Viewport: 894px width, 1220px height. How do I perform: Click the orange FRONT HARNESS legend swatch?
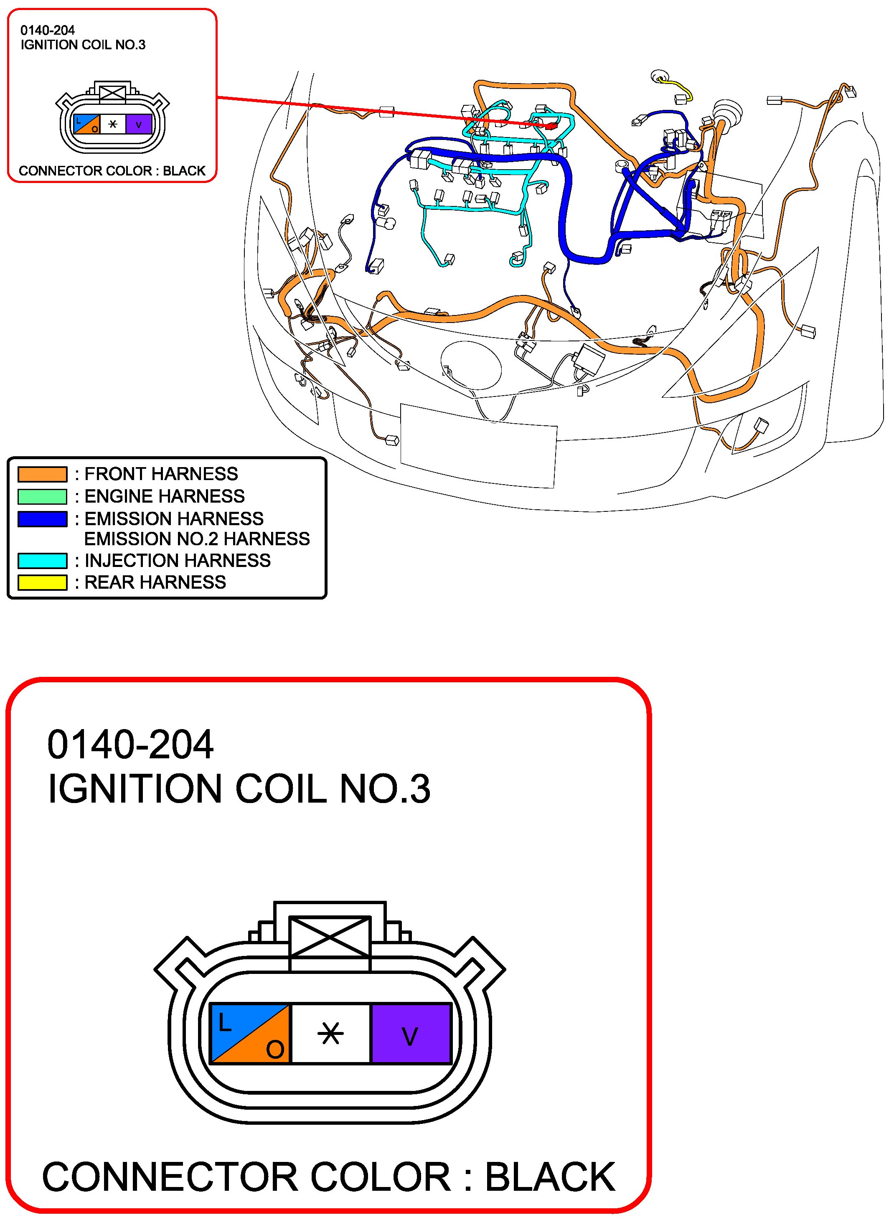[42, 474]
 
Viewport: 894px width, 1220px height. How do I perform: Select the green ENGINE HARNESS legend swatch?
[42, 496]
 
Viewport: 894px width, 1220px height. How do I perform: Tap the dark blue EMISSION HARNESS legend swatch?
[42, 519]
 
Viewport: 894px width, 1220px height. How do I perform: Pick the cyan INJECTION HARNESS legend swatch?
[42, 560]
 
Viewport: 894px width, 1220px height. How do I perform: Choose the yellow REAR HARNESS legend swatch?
[42, 582]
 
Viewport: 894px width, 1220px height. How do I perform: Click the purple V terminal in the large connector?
[411, 1034]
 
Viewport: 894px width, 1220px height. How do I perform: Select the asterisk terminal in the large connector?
[330, 1034]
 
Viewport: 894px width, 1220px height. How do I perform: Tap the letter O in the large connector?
[275, 1050]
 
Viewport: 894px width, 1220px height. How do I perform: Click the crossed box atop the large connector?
[330, 936]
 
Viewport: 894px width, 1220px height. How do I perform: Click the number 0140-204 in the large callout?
[130, 745]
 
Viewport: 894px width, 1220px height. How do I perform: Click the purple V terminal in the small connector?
[139, 125]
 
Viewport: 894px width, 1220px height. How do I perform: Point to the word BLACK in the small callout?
[184, 171]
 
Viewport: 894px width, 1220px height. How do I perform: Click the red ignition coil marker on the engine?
[551, 126]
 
